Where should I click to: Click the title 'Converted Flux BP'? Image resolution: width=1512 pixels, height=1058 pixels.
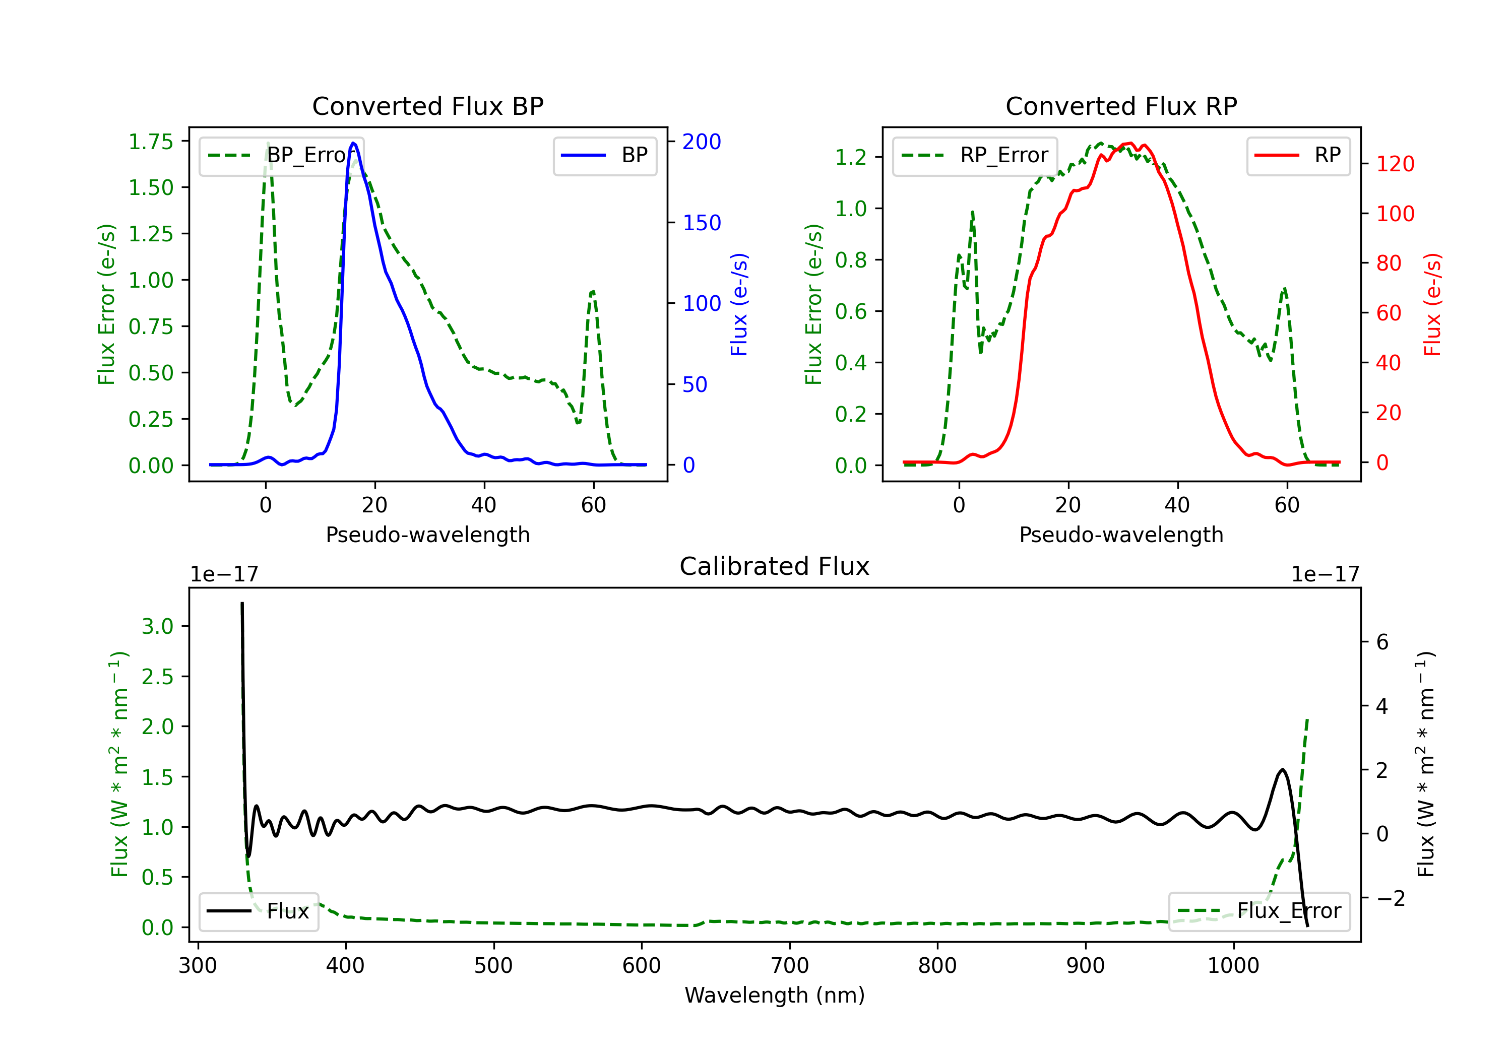[x=427, y=106]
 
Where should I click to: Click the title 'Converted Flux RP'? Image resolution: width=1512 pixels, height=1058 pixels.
[x=1121, y=106]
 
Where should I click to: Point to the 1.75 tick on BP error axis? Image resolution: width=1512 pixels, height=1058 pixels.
[x=150, y=142]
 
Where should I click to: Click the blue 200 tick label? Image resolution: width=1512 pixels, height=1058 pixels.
[x=702, y=142]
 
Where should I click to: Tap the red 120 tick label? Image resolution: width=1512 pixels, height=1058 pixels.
[x=1395, y=164]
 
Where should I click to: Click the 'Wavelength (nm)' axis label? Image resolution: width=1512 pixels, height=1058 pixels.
[x=775, y=995]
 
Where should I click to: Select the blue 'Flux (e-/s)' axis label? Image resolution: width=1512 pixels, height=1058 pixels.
[x=739, y=304]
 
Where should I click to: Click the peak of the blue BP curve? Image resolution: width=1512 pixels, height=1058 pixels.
[x=354, y=143]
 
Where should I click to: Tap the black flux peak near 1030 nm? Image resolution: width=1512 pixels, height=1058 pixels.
[x=1282, y=770]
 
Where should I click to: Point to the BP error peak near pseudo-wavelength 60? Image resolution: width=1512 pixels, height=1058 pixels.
[x=593, y=291]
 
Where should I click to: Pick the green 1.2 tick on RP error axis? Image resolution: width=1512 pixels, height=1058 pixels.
[x=850, y=157]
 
